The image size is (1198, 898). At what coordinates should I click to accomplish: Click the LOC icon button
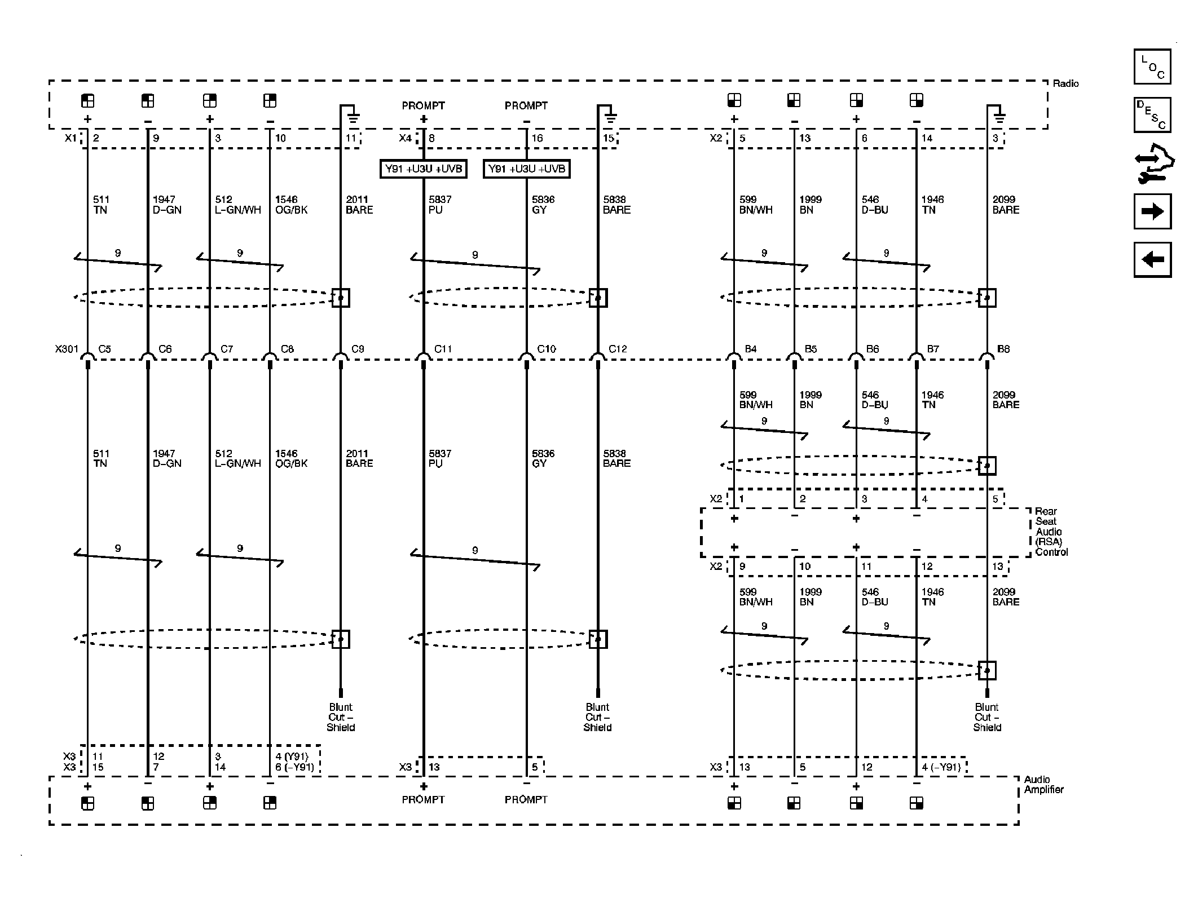pos(1152,67)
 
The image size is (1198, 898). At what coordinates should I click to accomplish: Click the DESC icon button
pos(1152,115)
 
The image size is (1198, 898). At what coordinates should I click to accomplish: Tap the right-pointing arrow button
pos(1152,211)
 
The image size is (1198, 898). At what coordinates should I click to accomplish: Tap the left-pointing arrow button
pos(1152,260)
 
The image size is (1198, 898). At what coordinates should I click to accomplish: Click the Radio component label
pos(1065,83)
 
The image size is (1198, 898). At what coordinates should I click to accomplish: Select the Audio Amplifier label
pos(1043,785)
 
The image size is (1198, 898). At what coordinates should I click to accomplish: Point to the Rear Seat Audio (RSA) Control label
pos(1051,532)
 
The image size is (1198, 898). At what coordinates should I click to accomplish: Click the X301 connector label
pos(67,349)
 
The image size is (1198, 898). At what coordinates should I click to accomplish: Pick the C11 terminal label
pos(443,349)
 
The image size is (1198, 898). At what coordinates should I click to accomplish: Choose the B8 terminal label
pos(1003,349)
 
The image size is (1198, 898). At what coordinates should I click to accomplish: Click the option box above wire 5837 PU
pos(424,169)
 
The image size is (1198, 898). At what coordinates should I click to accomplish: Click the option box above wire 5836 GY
pos(526,169)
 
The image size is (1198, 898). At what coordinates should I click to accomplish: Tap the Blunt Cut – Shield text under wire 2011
pos(341,717)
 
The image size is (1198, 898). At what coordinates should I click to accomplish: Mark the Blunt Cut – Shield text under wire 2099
pos(987,717)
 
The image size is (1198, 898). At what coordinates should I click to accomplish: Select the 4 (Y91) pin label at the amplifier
pos(292,757)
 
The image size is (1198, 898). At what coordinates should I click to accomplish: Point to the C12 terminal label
pos(618,349)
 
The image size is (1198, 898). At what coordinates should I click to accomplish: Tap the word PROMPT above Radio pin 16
pos(526,105)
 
